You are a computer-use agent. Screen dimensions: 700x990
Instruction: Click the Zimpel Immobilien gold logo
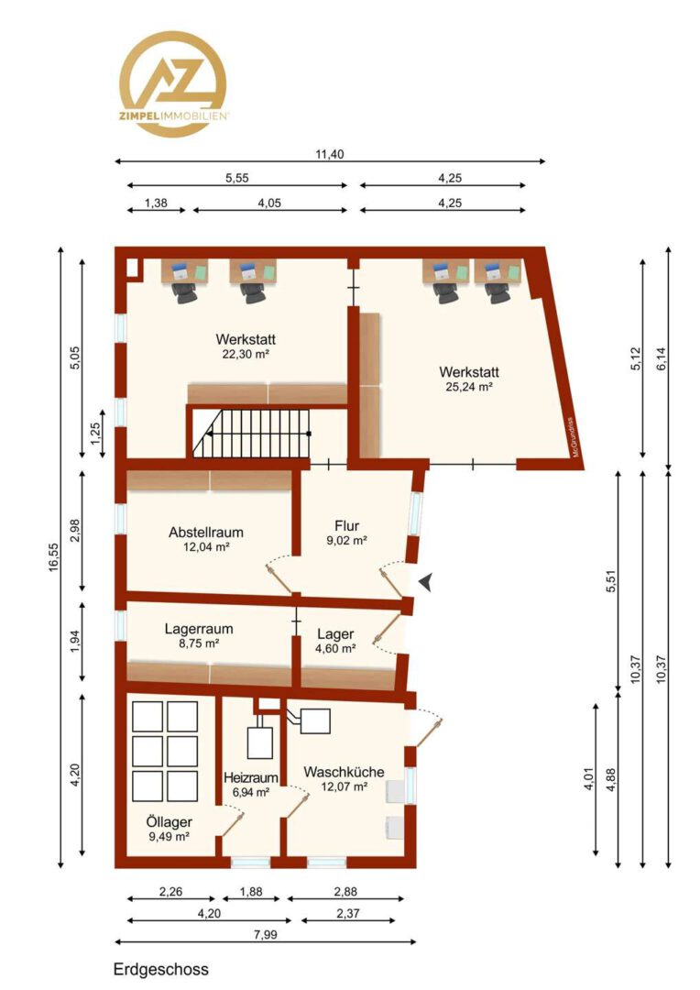pyautogui.click(x=173, y=84)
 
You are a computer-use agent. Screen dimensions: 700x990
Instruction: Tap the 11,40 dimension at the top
pyautogui.click(x=330, y=154)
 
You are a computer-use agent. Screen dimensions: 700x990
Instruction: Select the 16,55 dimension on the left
pyautogui.click(x=54, y=557)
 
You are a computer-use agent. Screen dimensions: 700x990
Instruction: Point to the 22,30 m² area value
pyautogui.click(x=246, y=354)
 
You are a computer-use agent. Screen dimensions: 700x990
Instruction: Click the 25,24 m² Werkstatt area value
pyautogui.click(x=469, y=387)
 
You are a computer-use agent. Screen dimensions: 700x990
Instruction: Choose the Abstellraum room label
pyautogui.click(x=206, y=533)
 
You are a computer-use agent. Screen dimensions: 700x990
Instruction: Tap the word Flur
pyautogui.click(x=347, y=525)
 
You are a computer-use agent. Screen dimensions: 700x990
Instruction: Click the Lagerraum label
pyautogui.click(x=199, y=629)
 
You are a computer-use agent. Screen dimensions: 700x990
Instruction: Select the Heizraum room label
pyautogui.click(x=250, y=777)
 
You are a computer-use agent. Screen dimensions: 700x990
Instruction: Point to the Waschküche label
pyautogui.click(x=344, y=772)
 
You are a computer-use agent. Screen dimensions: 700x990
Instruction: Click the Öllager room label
pyautogui.click(x=170, y=821)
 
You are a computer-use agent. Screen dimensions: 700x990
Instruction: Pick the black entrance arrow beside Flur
pyautogui.click(x=425, y=582)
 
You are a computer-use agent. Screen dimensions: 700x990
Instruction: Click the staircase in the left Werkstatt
pyautogui.click(x=252, y=434)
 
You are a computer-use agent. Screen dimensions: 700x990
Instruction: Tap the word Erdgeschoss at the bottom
pyautogui.click(x=161, y=969)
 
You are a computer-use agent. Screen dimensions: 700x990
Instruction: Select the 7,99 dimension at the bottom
pyautogui.click(x=265, y=934)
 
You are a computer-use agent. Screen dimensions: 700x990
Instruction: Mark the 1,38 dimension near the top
pyautogui.click(x=156, y=203)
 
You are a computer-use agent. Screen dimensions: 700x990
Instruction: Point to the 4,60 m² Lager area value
pyautogui.click(x=335, y=648)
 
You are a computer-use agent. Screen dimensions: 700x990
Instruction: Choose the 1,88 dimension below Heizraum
pyautogui.click(x=251, y=892)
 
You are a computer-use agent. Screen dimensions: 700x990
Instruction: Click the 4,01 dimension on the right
pyautogui.click(x=589, y=778)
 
